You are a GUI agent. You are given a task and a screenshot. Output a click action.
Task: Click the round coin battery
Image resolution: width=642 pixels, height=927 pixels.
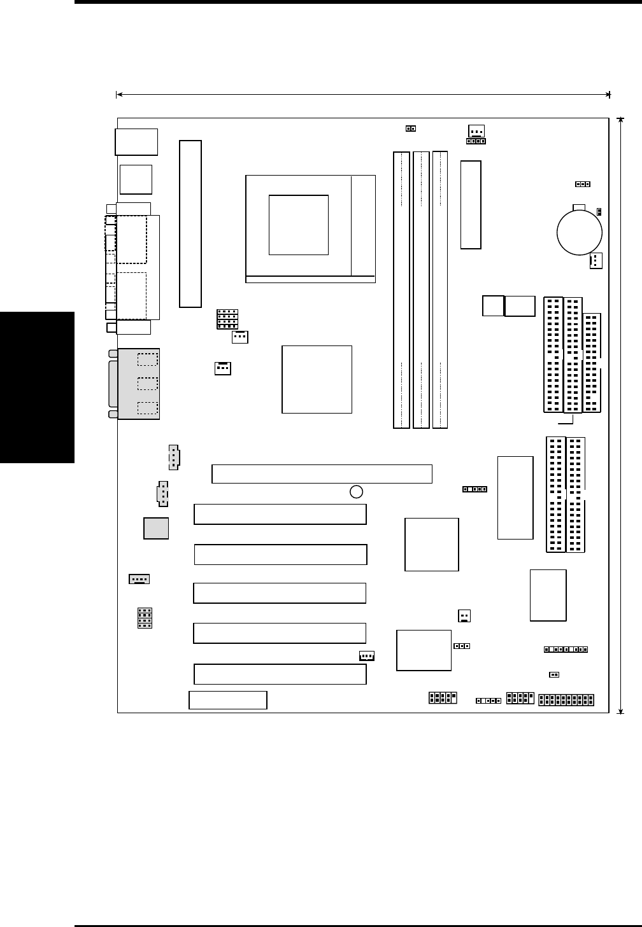point(579,232)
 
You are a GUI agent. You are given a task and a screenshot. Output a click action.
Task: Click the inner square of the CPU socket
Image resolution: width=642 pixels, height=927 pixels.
point(299,225)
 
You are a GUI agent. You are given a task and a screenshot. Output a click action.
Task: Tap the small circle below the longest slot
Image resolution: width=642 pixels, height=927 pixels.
point(357,491)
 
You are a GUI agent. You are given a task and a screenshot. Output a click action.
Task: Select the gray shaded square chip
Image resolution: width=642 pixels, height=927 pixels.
point(156,528)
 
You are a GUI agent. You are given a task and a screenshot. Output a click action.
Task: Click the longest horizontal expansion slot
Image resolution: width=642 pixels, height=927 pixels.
point(322,474)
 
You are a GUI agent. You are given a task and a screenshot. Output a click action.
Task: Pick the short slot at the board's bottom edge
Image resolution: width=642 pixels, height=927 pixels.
point(228,700)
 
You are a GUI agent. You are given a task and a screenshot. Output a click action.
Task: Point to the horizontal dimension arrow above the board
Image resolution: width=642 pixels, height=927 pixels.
point(363,95)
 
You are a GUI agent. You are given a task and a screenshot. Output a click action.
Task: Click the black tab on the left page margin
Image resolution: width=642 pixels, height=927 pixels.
point(37,387)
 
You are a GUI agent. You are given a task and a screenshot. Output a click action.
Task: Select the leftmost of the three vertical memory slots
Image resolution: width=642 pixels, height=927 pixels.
point(401,289)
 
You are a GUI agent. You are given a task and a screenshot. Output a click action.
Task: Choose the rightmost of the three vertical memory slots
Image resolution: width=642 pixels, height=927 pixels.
point(439,289)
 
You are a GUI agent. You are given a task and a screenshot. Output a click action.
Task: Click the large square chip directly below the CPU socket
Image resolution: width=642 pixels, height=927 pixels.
point(317,379)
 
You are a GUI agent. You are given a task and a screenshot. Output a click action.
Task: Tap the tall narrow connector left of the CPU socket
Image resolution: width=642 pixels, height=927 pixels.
point(190,224)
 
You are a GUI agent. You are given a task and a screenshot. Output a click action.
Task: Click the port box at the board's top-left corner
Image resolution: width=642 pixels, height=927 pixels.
point(136,142)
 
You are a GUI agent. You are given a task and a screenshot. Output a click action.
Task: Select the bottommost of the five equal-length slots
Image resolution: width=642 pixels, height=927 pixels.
point(280,674)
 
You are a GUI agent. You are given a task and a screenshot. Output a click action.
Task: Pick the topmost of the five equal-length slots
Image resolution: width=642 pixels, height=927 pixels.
point(280,514)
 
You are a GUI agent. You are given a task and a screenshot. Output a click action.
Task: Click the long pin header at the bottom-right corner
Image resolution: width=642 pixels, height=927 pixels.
point(566,700)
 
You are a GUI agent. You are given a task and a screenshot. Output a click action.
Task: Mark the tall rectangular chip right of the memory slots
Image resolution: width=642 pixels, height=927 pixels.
point(471,205)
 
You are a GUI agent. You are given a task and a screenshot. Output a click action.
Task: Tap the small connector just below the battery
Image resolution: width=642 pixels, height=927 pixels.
point(596,261)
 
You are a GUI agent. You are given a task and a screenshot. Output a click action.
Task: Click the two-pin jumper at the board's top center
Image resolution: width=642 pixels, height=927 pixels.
point(411,129)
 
